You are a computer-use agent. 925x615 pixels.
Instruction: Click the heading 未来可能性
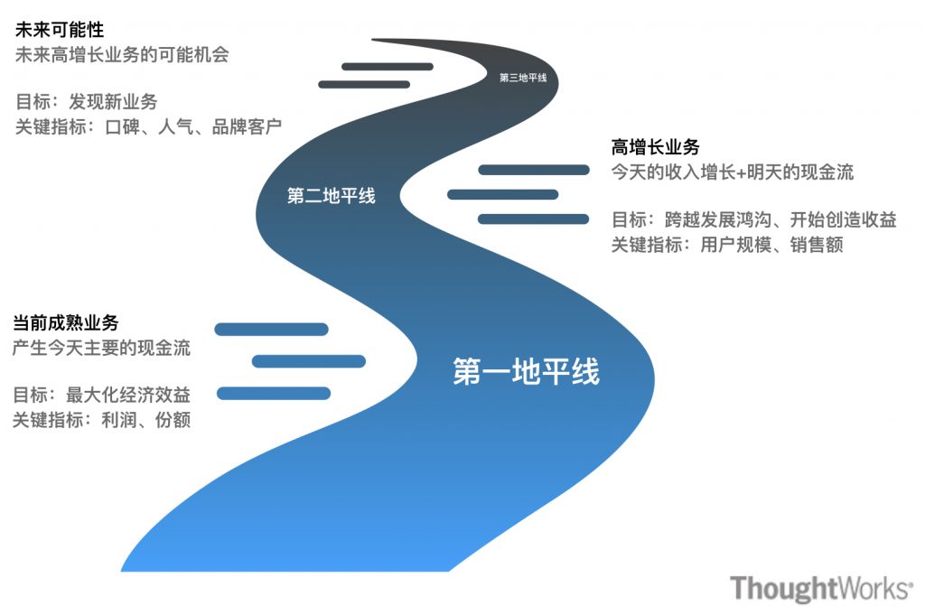coord(60,30)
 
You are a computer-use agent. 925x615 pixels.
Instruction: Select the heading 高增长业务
coord(656,147)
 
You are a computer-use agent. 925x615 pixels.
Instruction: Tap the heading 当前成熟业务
coord(65,322)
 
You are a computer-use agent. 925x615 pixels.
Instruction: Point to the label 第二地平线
coord(331,196)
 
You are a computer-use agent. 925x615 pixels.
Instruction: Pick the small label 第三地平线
coord(523,78)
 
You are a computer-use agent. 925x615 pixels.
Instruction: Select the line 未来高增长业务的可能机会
coord(122,54)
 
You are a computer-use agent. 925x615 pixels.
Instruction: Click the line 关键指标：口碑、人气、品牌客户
coord(149,126)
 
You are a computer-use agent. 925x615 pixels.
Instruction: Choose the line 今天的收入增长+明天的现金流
coord(733,172)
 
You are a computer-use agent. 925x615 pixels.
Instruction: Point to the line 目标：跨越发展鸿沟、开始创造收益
coord(753,219)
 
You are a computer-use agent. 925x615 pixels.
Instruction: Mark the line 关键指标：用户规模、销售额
coord(727,244)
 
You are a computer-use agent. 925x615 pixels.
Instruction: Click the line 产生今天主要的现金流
coord(101,347)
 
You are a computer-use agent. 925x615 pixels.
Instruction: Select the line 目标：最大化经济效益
coord(101,395)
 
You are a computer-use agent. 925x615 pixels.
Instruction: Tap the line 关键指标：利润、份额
coord(101,419)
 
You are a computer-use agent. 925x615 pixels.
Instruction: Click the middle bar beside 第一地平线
coord(308,361)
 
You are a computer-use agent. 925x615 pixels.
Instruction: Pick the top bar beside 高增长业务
coord(533,170)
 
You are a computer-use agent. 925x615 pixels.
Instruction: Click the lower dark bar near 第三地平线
coord(364,85)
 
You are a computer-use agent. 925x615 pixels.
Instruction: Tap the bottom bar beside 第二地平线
coord(533,219)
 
